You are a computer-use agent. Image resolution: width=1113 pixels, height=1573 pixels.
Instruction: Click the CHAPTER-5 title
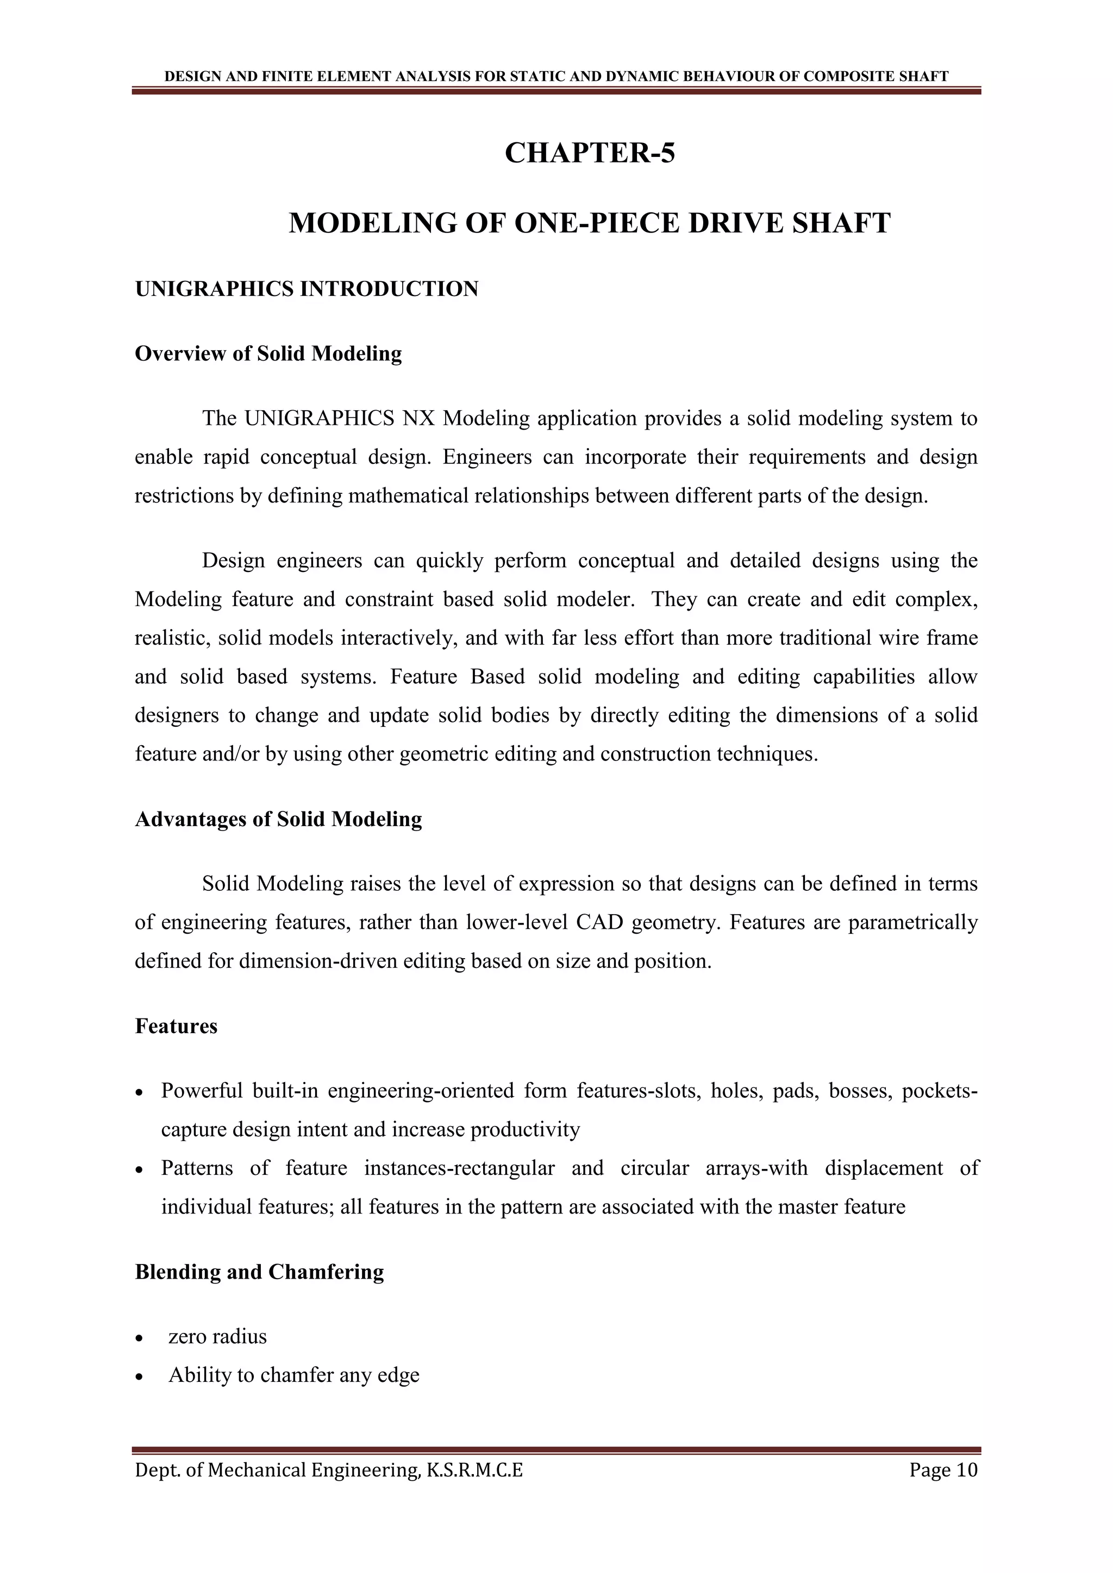(590, 153)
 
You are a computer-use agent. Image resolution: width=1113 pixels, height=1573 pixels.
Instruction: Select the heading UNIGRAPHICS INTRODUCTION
(307, 289)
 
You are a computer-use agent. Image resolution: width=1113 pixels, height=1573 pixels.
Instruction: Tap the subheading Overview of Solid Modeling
(268, 354)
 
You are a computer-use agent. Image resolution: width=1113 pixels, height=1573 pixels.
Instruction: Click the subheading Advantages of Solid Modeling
(278, 820)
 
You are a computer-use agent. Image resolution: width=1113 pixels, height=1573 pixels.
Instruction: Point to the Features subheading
(176, 1026)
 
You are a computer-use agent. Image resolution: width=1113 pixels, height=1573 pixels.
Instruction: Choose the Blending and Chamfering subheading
(259, 1272)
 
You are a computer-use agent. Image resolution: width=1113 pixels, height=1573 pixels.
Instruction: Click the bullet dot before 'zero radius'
(140, 1338)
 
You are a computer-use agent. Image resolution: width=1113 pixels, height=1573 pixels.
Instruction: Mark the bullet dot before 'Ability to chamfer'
(140, 1376)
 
